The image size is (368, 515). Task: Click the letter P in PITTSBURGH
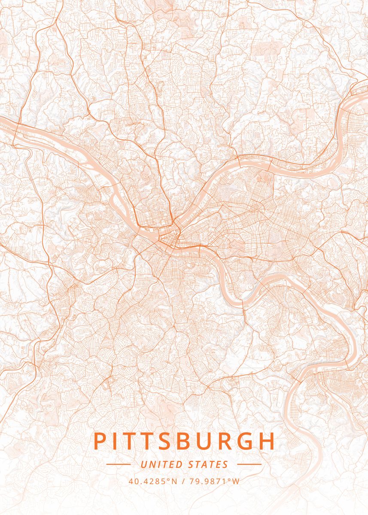pyautogui.click(x=100, y=442)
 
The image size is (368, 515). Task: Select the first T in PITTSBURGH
pyautogui.click(x=132, y=442)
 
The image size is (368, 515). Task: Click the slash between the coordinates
pyautogui.click(x=183, y=481)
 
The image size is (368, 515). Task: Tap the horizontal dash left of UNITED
pyautogui.click(x=118, y=464)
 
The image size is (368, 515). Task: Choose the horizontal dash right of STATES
pyautogui.click(x=249, y=464)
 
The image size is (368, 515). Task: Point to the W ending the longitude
pyautogui.click(x=236, y=481)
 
